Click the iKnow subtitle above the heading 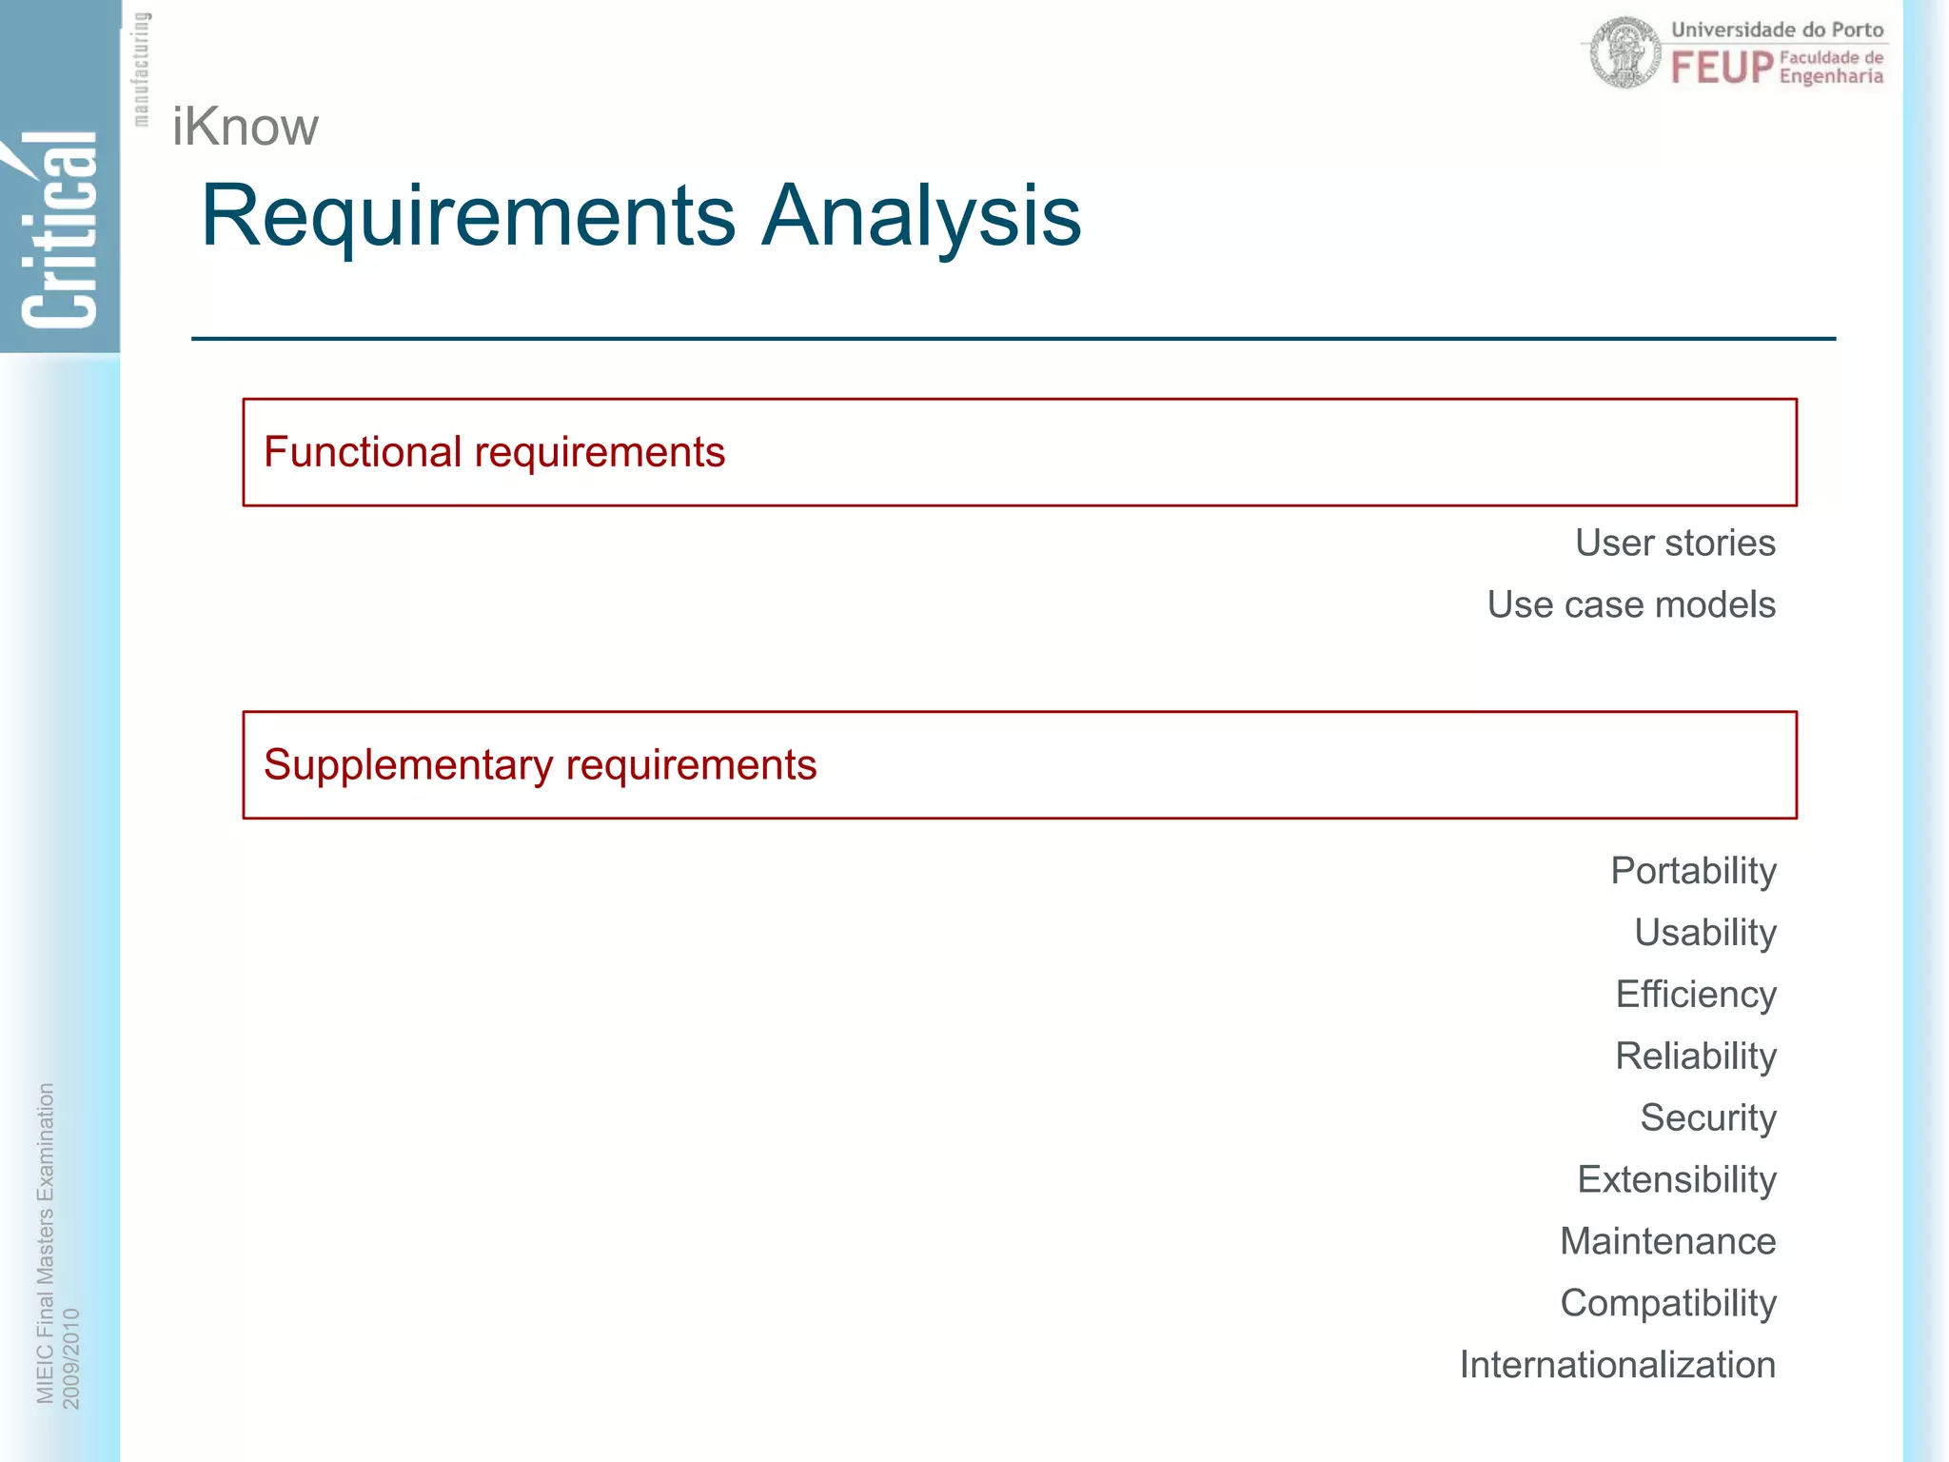[x=246, y=128]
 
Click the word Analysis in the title [x=921, y=217]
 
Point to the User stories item [x=1675, y=543]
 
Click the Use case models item [x=1631, y=605]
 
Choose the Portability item [x=1693, y=872]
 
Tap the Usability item [x=1704, y=934]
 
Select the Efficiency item [x=1696, y=996]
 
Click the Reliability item [x=1696, y=1057]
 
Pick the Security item [x=1708, y=1118]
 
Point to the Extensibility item [x=1677, y=1180]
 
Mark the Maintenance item [x=1667, y=1241]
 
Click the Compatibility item [x=1667, y=1304]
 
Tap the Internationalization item [x=1618, y=1365]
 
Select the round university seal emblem [x=1625, y=53]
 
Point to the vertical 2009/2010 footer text [x=71, y=1358]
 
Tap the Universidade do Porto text [x=1777, y=30]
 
